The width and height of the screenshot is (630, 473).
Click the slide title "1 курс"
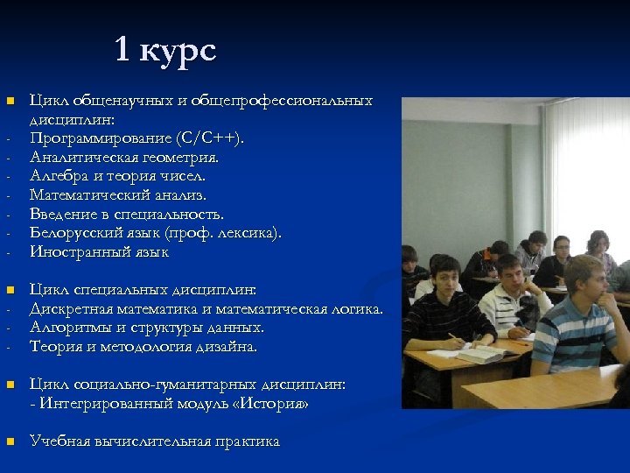click(165, 50)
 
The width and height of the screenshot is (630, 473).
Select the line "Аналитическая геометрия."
click(124, 158)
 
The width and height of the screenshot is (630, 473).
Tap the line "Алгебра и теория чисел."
click(118, 176)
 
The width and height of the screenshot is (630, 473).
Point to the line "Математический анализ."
click(118, 195)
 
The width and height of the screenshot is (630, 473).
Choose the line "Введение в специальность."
click(127, 214)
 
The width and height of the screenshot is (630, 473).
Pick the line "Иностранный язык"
click(99, 252)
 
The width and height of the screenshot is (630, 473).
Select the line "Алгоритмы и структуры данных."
click(147, 328)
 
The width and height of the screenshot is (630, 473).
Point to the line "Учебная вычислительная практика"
click(155, 441)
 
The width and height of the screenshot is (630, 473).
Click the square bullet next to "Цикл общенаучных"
click(10, 102)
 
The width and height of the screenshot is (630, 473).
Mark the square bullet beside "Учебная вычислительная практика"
click(10, 441)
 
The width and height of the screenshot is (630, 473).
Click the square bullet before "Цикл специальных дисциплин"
click(10, 290)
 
